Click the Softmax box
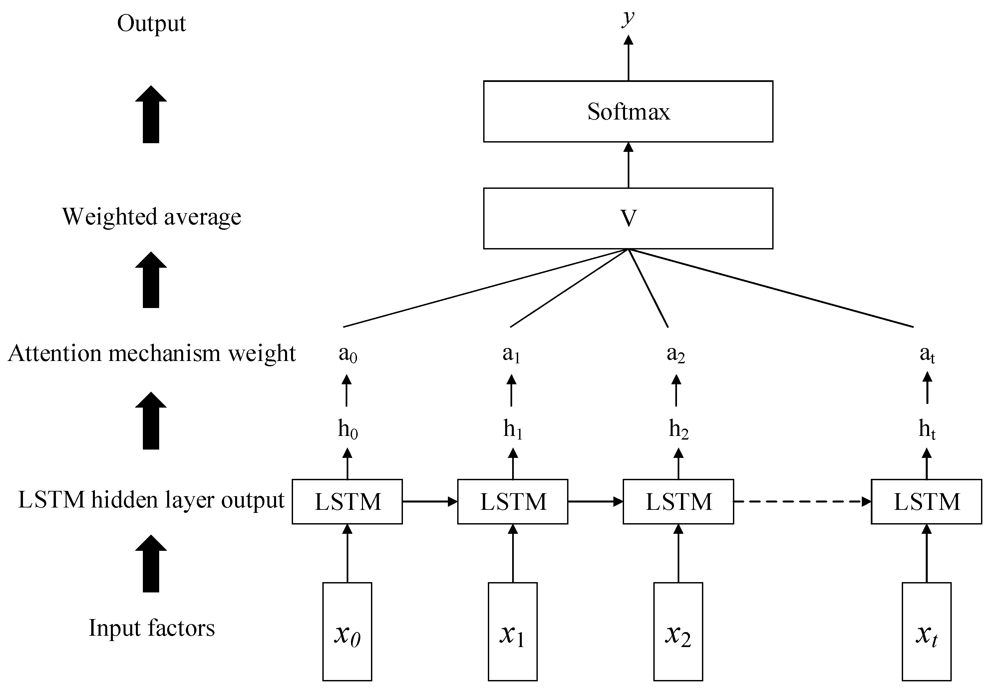[x=628, y=112]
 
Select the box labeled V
[x=628, y=218]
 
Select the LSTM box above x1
[x=512, y=502]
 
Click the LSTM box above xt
[x=926, y=502]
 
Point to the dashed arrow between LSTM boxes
[x=802, y=502]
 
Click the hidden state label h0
[x=348, y=430]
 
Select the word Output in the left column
[x=151, y=23]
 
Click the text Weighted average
[x=151, y=217]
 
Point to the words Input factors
[x=151, y=627]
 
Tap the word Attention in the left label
[x=55, y=353]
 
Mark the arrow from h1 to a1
[x=511, y=390]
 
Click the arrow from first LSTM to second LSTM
[x=430, y=502]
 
